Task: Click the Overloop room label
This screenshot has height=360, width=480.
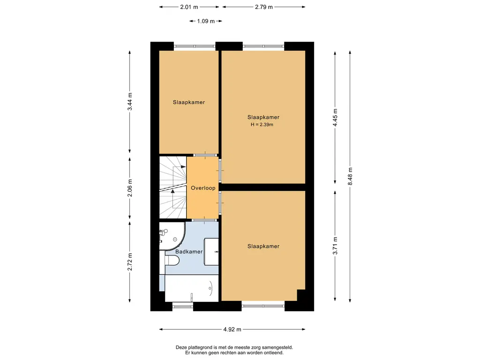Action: click(x=203, y=188)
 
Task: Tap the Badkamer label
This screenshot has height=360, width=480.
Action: click(x=189, y=252)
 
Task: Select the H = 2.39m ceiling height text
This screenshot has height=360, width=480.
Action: click(x=262, y=125)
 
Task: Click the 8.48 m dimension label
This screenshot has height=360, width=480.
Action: click(x=350, y=176)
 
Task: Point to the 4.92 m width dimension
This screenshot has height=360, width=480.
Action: click(x=232, y=330)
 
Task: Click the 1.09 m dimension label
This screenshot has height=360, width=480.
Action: click(x=206, y=21)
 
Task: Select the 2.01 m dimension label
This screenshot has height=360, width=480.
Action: click(x=189, y=7)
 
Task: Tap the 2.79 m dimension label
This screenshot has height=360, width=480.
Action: click(x=264, y=7)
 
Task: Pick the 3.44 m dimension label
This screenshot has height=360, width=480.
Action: click(x=130, y=102)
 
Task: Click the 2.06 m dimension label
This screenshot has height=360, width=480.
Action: click(x=130, y=188)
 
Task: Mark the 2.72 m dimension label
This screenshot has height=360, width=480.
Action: click(x=130, y=262)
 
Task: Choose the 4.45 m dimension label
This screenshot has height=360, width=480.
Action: click(x=335, y=118)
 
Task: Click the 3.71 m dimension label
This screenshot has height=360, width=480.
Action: click(x=335, y=246)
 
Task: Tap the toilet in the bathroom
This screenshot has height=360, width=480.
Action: click(x=172, y=261)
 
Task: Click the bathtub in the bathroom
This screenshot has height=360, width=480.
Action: click(x=192, y=288)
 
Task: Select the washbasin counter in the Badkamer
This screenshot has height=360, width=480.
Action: click(x=211, y=252)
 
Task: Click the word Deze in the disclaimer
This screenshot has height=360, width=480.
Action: click(x=181, y=347)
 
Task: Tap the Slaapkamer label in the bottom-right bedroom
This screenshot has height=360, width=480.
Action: click(x=263, y=246)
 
